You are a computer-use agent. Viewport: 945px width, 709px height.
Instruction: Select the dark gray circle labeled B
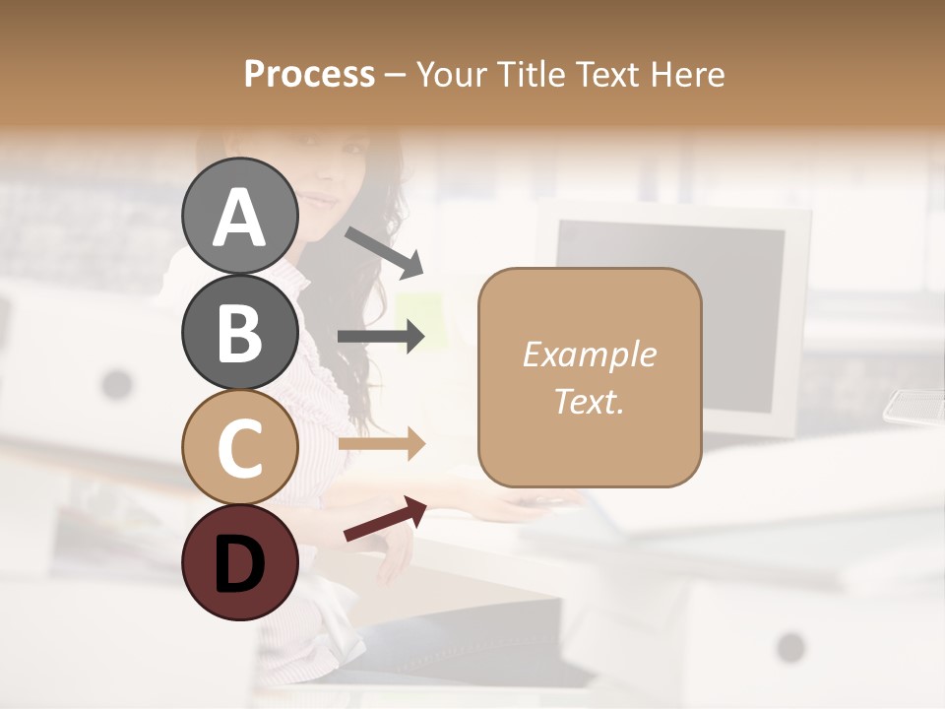pyautogui.click(x=239, y=332)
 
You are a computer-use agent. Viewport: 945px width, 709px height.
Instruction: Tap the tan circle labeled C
pyautogui.click(x=239, y=448)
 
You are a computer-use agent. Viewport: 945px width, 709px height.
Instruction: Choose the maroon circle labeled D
pyautogui.click(x=239, y=562)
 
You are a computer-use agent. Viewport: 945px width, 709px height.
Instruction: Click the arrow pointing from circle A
pyautogui.click(x=384, y=252)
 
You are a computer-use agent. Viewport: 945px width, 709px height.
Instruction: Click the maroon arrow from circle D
pyautogui.click(x=385, y=519)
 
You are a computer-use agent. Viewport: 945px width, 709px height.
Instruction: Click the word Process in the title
pyautogui.click(x=309, y=75)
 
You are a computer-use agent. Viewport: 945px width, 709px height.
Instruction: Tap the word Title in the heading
pyautogui.click(x=533, y=75)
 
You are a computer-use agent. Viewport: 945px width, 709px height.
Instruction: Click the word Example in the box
pyautogui.click(x=589, y=354)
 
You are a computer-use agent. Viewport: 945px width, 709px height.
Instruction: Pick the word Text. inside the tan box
pyautogui.click(x=589, y=401)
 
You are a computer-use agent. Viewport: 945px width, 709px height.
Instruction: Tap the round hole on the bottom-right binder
pyautogui.click(x=790, y=647)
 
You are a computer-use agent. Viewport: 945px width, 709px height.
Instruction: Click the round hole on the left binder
pyautogui.click(x=116, y=383)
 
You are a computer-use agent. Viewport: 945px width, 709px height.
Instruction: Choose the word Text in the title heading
pyautogui.click(x=608, y=75)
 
